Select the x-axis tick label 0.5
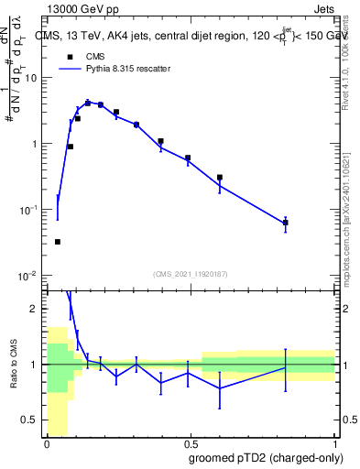pyautogui.click(x=191, y=443)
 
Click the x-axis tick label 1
pyautogui.click(x=334, y=443)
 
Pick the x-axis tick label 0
pyautogui.click(x=47, y=443)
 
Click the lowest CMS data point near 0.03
pyautogui.click(x=57, y=242)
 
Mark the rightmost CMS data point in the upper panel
pyautogui.click(x=285, y=223)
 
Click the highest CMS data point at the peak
pyautogui.click(x=88, y=103)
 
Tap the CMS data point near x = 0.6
pyautogui.click(x=220, y=178)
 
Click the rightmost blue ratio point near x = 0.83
pyautogui.click(x=285, y=368)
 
